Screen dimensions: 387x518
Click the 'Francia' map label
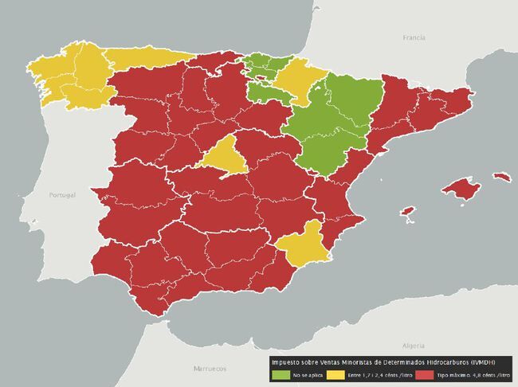click(x=414, y=37)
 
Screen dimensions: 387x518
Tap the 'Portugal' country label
click(x=61, y=195)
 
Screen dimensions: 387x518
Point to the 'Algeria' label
click(x=414, y=345)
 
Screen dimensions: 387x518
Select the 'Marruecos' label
click(x=210, y=369)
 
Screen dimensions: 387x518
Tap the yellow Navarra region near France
click(x=298, y=78)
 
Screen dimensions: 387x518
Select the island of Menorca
click(x=500, y=176)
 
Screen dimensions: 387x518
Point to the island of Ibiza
click(x=407, y=212)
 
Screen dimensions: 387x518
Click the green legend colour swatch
click(x=281, y=373)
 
